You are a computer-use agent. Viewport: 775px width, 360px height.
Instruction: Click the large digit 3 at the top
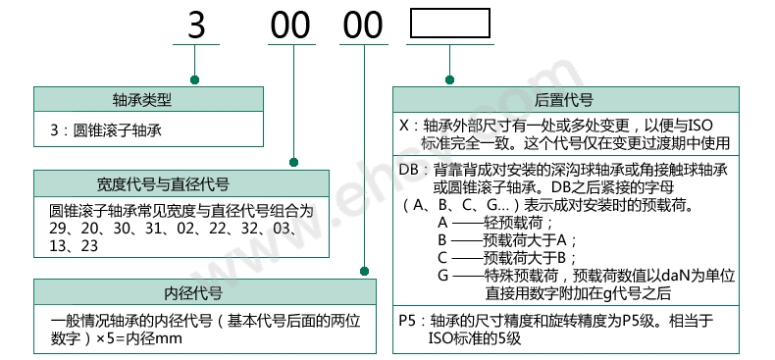tap(196, 26)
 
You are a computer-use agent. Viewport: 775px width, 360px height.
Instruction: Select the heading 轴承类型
tap(149, 100)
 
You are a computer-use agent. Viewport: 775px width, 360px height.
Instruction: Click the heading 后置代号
tap(564, 100)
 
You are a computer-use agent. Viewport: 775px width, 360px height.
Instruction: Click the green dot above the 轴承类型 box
tap(196, 78)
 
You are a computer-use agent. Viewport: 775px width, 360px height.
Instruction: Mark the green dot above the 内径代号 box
tap(363, 272)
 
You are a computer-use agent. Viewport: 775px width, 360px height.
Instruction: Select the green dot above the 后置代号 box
tap(449, 78)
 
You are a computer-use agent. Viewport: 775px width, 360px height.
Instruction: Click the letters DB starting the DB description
tap(410, 170)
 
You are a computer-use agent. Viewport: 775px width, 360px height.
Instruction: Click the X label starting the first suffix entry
tap(404, 126)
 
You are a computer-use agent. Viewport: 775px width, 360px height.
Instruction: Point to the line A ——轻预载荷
tap(491, 223)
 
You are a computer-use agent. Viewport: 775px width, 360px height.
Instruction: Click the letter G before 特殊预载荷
tap(443, 276)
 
